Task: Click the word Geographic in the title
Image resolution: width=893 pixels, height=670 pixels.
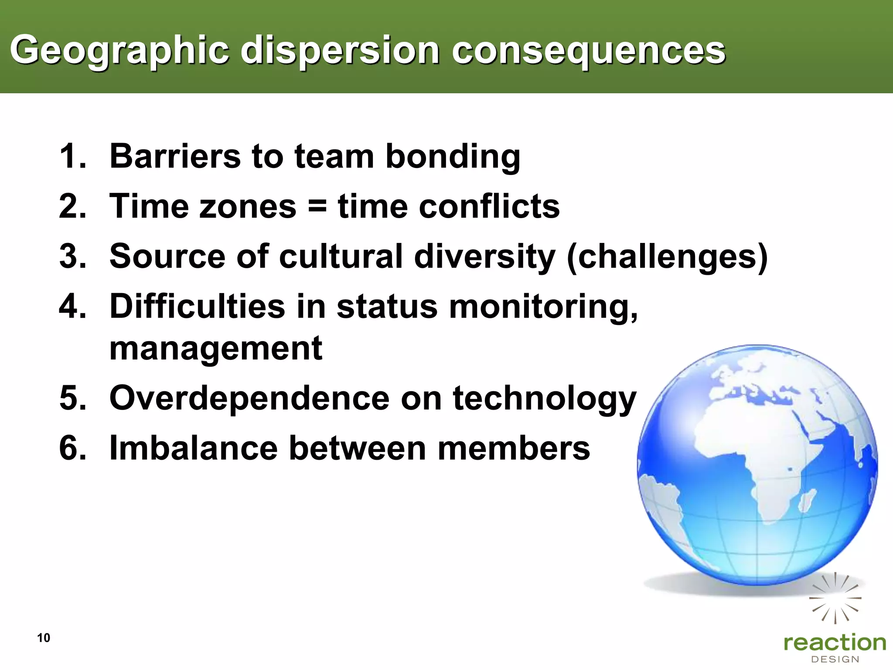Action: (x=119, y=51)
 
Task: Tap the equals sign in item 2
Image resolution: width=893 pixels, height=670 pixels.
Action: (x=317, y=206)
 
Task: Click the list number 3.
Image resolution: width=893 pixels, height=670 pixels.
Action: (x=72, y=256)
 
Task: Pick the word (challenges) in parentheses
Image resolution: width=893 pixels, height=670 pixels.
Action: (x=667, y=257)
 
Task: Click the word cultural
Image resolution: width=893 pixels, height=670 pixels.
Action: (x=341, y=256)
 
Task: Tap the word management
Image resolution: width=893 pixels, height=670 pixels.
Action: (x=215, y=349)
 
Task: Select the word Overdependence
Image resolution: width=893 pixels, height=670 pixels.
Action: (x=249, y=398)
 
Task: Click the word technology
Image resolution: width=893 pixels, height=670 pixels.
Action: (x=545, y=399)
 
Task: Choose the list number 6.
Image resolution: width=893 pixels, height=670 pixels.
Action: (x=72, y=448)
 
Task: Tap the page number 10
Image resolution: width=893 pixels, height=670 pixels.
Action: (x=44, y=638)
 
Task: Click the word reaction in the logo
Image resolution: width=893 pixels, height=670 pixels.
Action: (x=835, y=643)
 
